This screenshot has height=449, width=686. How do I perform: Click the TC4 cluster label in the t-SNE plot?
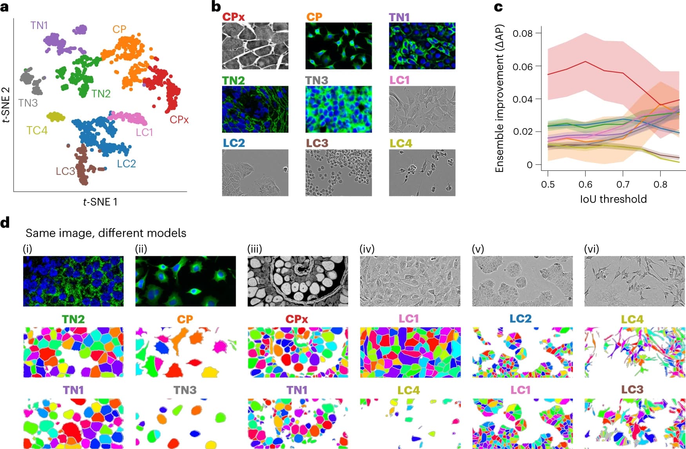[x=37, y=130]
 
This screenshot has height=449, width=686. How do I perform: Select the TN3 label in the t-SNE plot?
[x=28, y=103]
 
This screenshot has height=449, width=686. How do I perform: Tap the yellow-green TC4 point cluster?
[x=56, y=116]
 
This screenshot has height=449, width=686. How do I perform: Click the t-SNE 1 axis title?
[x=100, y=202]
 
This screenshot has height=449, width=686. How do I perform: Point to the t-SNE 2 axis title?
[x=6, y=105]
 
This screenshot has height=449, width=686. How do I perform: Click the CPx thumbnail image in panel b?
[x=255, y=46]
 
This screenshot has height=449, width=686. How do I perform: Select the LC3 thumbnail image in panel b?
[x=338, y=172]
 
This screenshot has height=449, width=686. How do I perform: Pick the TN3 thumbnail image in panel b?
[x=338, y=109]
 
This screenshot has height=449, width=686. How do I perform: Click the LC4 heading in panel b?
[x=400, y=143]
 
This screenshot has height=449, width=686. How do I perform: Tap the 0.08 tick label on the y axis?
[x=523, y=33]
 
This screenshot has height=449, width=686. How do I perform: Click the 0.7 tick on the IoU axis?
[x=623, y=184]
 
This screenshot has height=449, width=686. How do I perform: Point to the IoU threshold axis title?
[x=613, y=199]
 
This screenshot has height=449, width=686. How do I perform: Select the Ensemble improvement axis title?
[x=499, y=98]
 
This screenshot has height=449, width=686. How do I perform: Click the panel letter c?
[x=498, y=7]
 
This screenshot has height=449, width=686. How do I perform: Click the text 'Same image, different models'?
[x=106, y=233]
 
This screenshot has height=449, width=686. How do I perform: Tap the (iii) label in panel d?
[x=255, y=249]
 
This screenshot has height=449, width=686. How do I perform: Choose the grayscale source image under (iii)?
[x=298, y=281]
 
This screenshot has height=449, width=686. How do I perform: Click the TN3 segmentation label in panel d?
[x=185, y=390]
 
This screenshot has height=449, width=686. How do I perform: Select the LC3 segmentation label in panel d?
[x=632, y=390]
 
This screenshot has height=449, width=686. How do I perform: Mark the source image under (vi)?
[x=635, y=281]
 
